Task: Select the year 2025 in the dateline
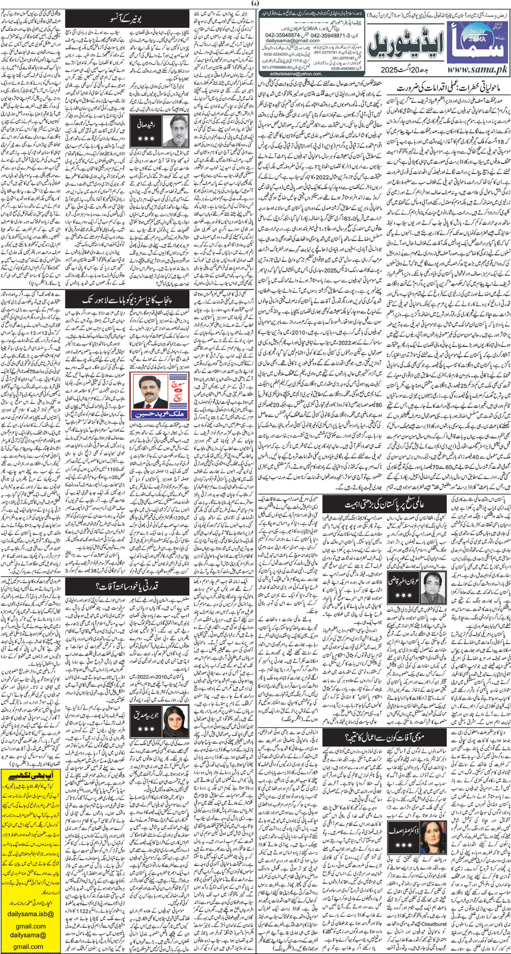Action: [x=392, y=70]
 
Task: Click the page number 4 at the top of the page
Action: [x=256, y=4]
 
